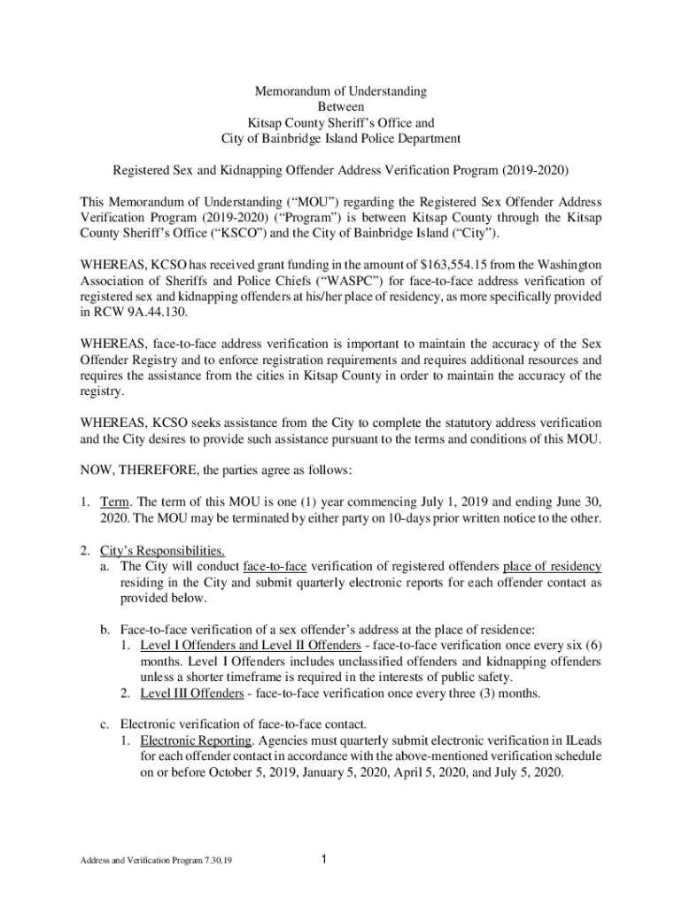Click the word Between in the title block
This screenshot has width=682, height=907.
341,107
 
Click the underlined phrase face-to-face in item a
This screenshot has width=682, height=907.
275,566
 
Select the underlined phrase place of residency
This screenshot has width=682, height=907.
552,566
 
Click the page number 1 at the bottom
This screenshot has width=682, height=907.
326,858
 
